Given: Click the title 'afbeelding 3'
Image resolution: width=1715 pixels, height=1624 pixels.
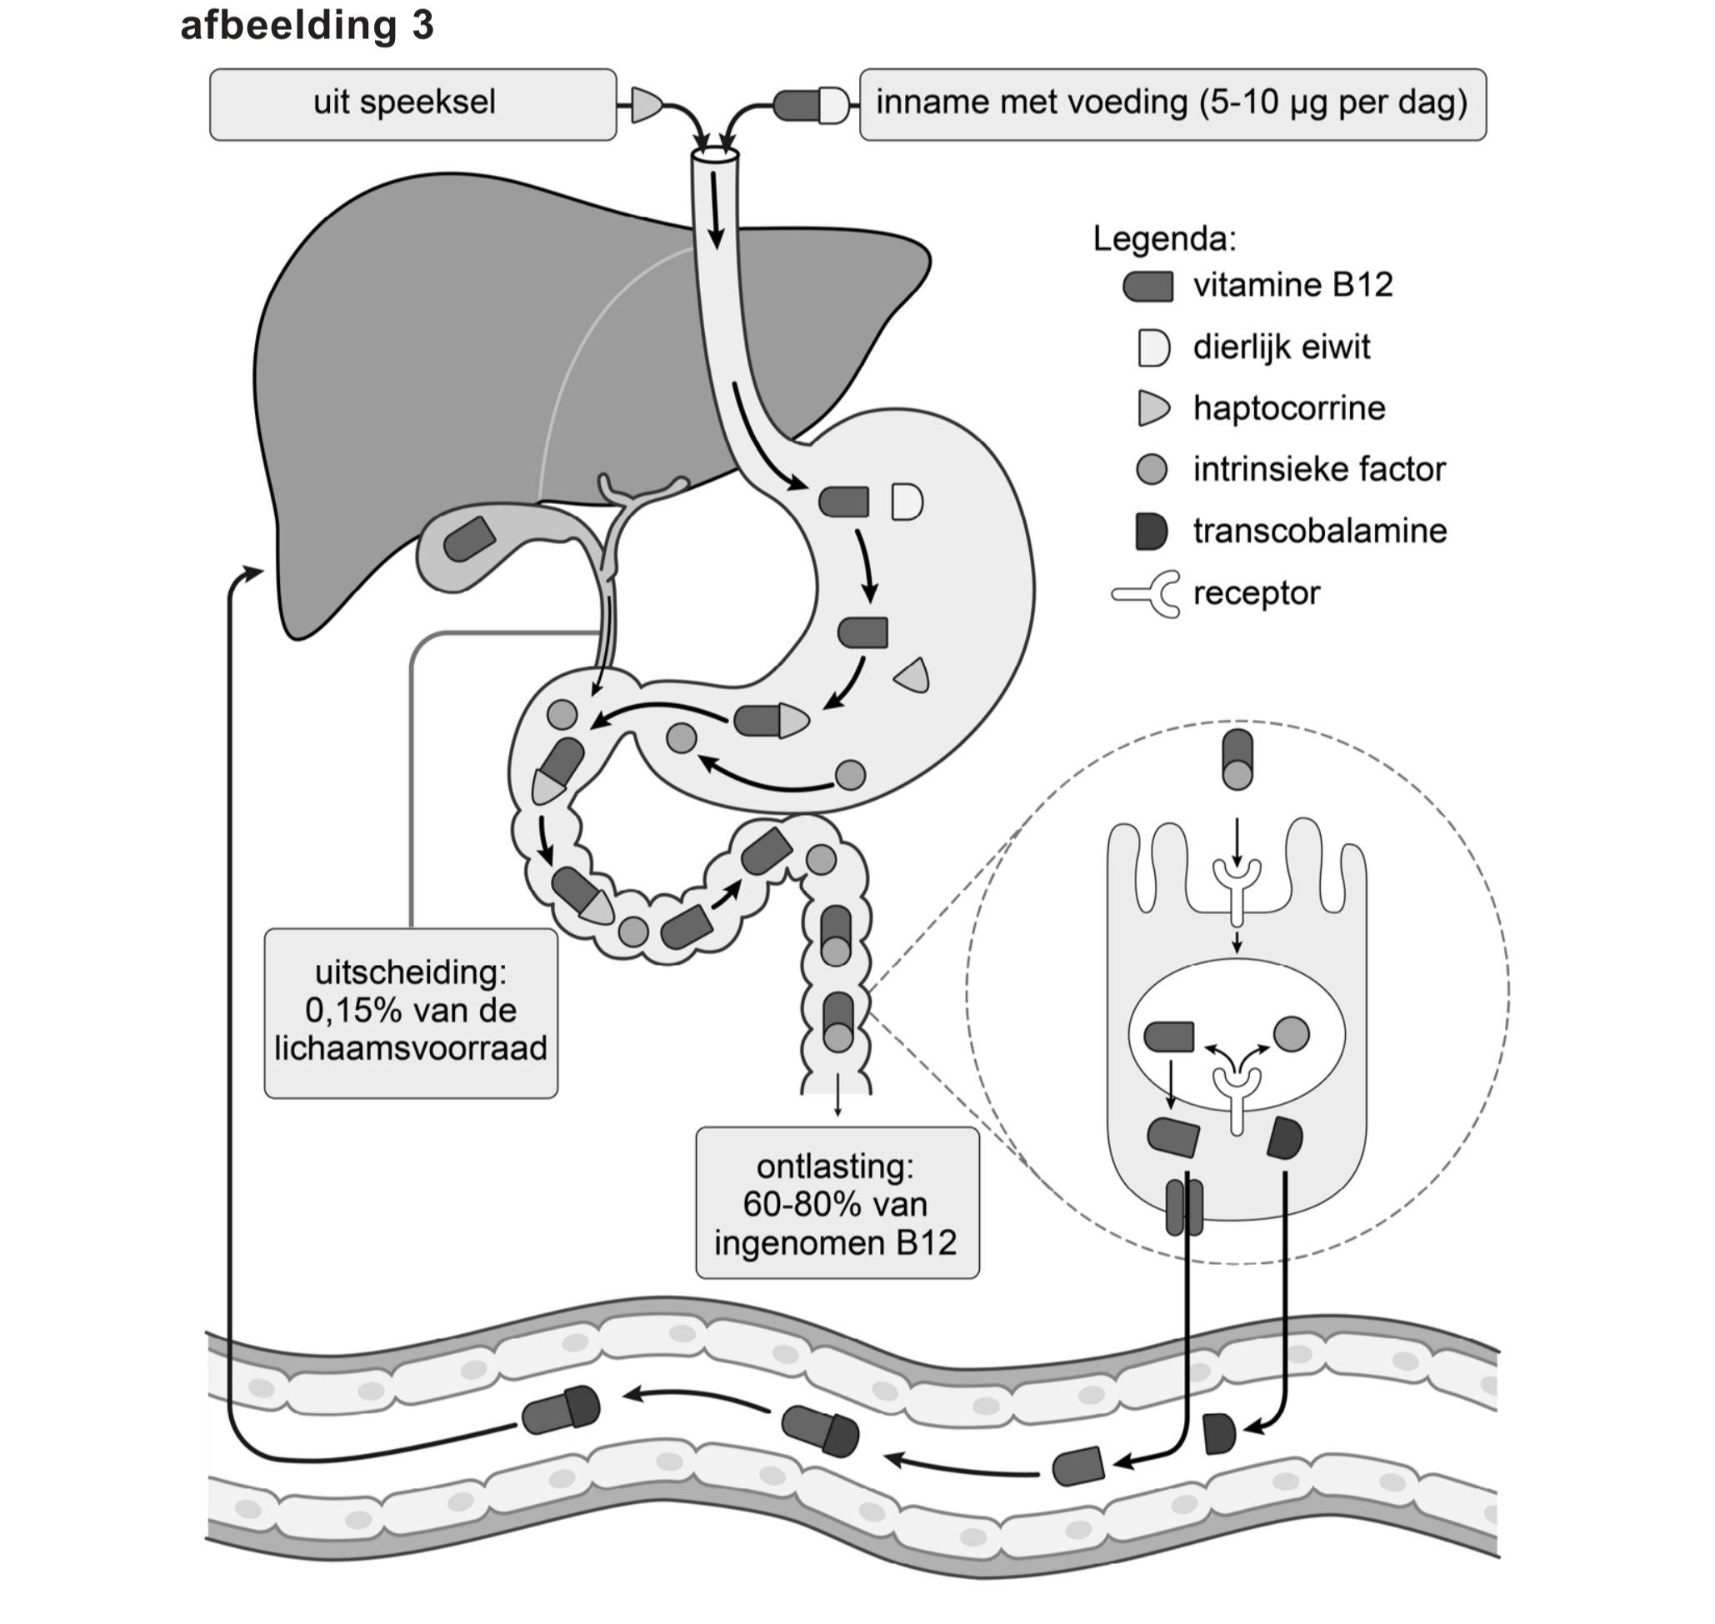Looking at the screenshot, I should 307,25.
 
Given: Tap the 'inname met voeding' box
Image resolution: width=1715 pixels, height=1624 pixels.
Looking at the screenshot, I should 1172,105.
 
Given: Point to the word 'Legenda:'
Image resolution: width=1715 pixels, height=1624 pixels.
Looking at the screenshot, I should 1164,238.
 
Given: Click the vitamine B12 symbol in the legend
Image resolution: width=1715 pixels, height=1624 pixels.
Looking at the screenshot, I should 1148,287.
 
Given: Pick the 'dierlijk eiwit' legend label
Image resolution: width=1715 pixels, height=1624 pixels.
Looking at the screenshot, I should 1282,347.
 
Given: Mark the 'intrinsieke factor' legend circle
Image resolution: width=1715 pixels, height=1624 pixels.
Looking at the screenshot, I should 1152,469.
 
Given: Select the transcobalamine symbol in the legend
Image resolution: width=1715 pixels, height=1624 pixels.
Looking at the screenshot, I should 1152,531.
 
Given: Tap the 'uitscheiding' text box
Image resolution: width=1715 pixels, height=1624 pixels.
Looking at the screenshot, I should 411,1013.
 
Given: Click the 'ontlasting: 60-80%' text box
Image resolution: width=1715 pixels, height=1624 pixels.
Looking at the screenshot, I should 837,1204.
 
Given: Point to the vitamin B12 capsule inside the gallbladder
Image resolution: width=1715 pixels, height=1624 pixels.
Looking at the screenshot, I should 469,539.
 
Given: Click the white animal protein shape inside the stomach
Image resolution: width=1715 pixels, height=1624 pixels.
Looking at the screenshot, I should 907,502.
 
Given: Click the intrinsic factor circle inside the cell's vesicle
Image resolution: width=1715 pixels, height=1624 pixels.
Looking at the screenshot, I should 1292,1033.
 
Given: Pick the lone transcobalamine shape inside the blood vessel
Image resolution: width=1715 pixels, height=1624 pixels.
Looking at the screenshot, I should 1220,1433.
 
